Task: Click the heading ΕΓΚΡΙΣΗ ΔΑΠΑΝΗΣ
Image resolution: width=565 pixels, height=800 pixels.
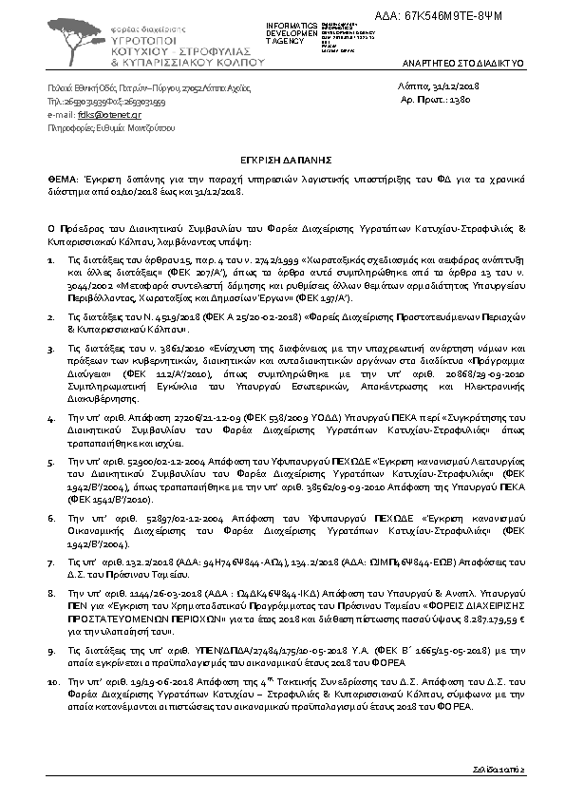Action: (281, 163)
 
